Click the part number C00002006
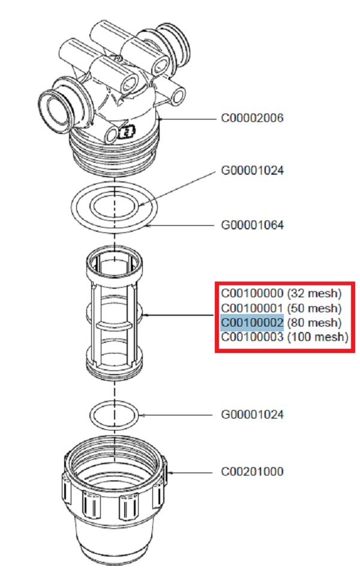(x=252, y=118)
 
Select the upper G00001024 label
(x=252, y=171)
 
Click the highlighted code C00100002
(x=252, y=322)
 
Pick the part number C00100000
(x=252, y=294)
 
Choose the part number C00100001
(x=252, y=308)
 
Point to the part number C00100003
(x=252, y=337)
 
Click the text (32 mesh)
(x=314, y=294)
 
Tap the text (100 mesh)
(x=317, y=337)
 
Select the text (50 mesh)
(x=314, y=308)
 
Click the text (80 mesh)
(x=314, y=322)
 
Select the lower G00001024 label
(x=252, y=415)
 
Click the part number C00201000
(x=252, y=472)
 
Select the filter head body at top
(x=114, y=90)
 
